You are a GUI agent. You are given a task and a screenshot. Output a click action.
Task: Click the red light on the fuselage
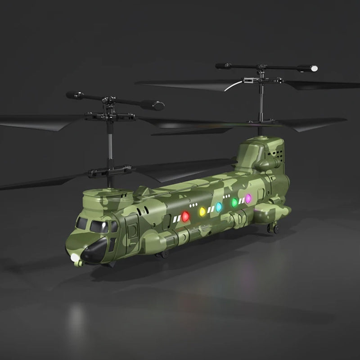coord(185,216)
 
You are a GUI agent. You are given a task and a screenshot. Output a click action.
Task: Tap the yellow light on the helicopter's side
coord(202,211)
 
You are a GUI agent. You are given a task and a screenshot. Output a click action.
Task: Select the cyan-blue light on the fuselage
coord(219,207)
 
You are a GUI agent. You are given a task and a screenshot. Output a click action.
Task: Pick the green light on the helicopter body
coord(234,202)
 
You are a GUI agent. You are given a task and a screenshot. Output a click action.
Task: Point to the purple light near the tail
coord(248,198)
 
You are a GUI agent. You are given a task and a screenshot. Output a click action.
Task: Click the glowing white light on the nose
coord(75,257)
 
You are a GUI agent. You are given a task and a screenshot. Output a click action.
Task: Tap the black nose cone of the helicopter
coord(95,251)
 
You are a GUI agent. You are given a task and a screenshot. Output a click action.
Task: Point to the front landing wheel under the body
coord(164,254)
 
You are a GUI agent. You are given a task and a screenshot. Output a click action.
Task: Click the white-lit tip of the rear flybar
coord(314,68)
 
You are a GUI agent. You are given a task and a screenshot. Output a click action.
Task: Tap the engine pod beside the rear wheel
coord(272,211)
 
